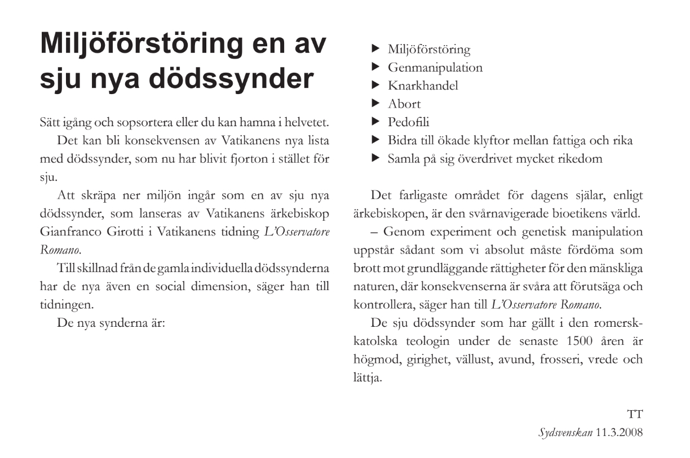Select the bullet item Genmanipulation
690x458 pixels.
[x=435, y=68]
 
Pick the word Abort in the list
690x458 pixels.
[x=404, y=104]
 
